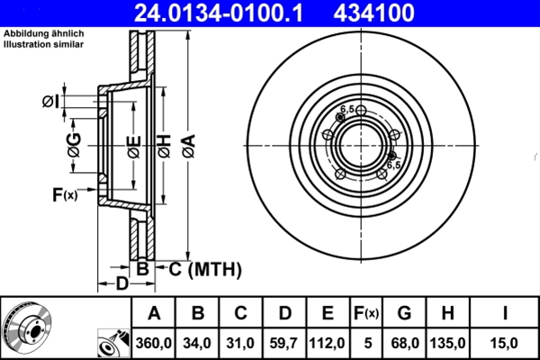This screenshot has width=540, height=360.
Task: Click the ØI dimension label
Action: pos(50,100)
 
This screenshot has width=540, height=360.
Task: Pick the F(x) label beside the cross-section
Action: pos(64,193)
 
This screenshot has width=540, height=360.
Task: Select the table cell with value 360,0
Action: pos(153,342)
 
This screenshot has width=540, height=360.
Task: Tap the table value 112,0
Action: pos(328,342)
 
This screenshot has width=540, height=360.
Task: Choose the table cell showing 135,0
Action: pos(447,342)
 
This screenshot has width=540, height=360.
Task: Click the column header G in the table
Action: pos(404,313)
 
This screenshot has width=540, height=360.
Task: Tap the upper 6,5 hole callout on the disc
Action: pos(346,109)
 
